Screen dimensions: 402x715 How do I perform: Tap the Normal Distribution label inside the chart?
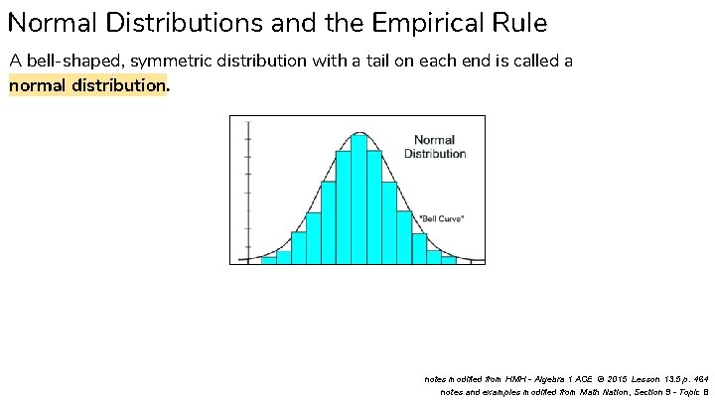pyautogui.click(x=434, y=147)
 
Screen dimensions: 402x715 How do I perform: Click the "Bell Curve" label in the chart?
pyautogui.click(x=442, y=217)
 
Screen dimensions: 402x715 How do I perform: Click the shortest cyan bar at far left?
pyautogui.click(x=268, y=259)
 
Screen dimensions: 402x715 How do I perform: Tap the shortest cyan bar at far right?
pyautogui.click(x=449, y=259)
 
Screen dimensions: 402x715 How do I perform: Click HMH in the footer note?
pyautogui.click(x=516, y=378)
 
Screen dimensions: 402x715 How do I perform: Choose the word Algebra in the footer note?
pyautogui.click(x=556, y=378)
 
